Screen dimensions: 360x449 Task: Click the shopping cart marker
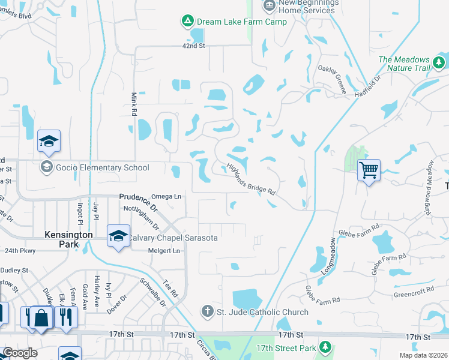[x=369, y=170]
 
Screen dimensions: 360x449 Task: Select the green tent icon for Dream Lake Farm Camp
[x=187, y=22]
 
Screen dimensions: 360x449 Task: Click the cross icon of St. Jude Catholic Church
[x=206, y=311]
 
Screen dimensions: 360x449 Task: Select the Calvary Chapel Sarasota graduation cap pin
[x=118, y=235]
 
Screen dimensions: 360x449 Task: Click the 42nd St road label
[x=194, y=46]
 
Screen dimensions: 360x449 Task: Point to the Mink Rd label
[x=134, y=104]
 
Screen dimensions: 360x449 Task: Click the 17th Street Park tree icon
[x=325, y=347]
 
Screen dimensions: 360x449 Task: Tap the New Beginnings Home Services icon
[x=270, y=5]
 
